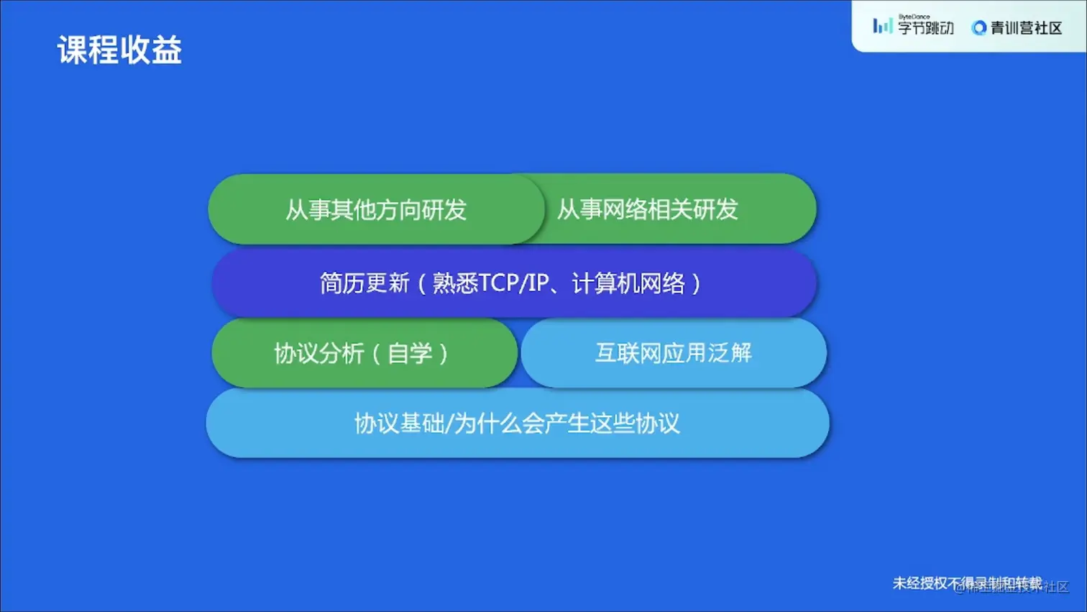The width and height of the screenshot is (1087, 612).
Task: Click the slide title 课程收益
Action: (119, 50)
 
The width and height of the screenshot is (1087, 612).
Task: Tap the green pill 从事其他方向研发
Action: (375, 209)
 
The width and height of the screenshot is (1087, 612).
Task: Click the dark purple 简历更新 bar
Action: (513, 283)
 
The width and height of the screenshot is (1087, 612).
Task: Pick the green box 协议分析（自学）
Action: (364, 353)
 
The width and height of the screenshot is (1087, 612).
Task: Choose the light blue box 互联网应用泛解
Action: (674, 353)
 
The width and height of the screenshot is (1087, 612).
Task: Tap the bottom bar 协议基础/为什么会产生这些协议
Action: (517, 424)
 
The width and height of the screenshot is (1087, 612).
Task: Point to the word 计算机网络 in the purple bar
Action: (628, 283)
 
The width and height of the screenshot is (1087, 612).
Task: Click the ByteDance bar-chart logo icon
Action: (882, 27)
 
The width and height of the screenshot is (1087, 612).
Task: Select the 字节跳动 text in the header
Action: (925, 29)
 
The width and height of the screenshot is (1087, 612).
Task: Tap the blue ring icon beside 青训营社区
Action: (978, 28)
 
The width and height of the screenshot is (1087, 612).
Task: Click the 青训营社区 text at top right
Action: (1026, 28)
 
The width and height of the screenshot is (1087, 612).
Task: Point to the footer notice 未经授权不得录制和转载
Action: (967, 583)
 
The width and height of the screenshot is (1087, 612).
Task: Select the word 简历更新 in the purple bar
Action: (364, 283)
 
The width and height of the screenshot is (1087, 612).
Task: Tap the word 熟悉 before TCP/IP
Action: (455, 283)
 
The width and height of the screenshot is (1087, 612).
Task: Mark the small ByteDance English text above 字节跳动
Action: (914, 17)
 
